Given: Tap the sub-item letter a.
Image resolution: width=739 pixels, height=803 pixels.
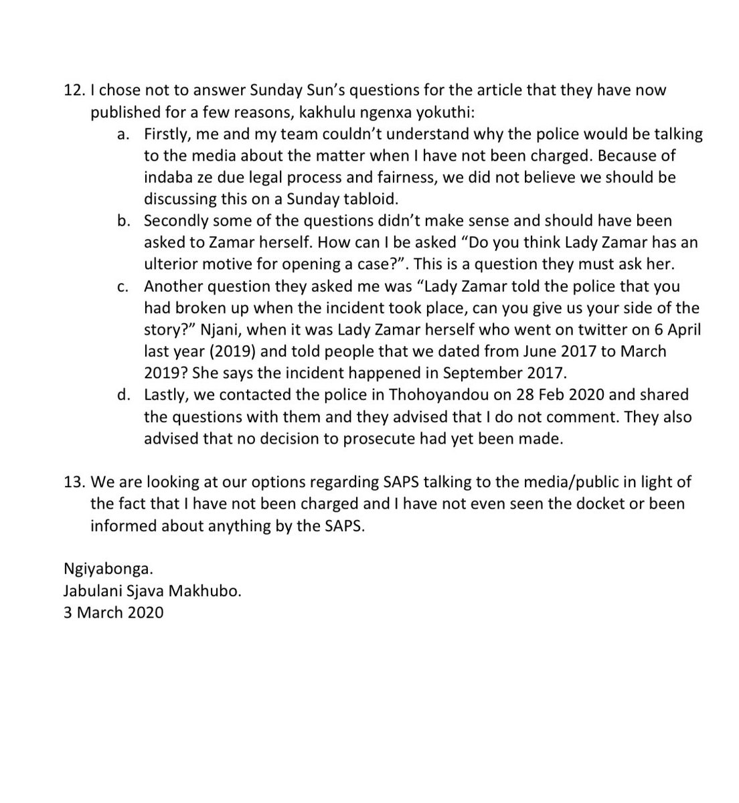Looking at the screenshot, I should (x=122, y=134).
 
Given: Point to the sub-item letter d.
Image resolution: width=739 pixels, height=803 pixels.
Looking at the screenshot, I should (x=122, y=395).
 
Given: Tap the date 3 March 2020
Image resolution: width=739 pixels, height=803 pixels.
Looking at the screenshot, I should (x=113, y=612).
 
